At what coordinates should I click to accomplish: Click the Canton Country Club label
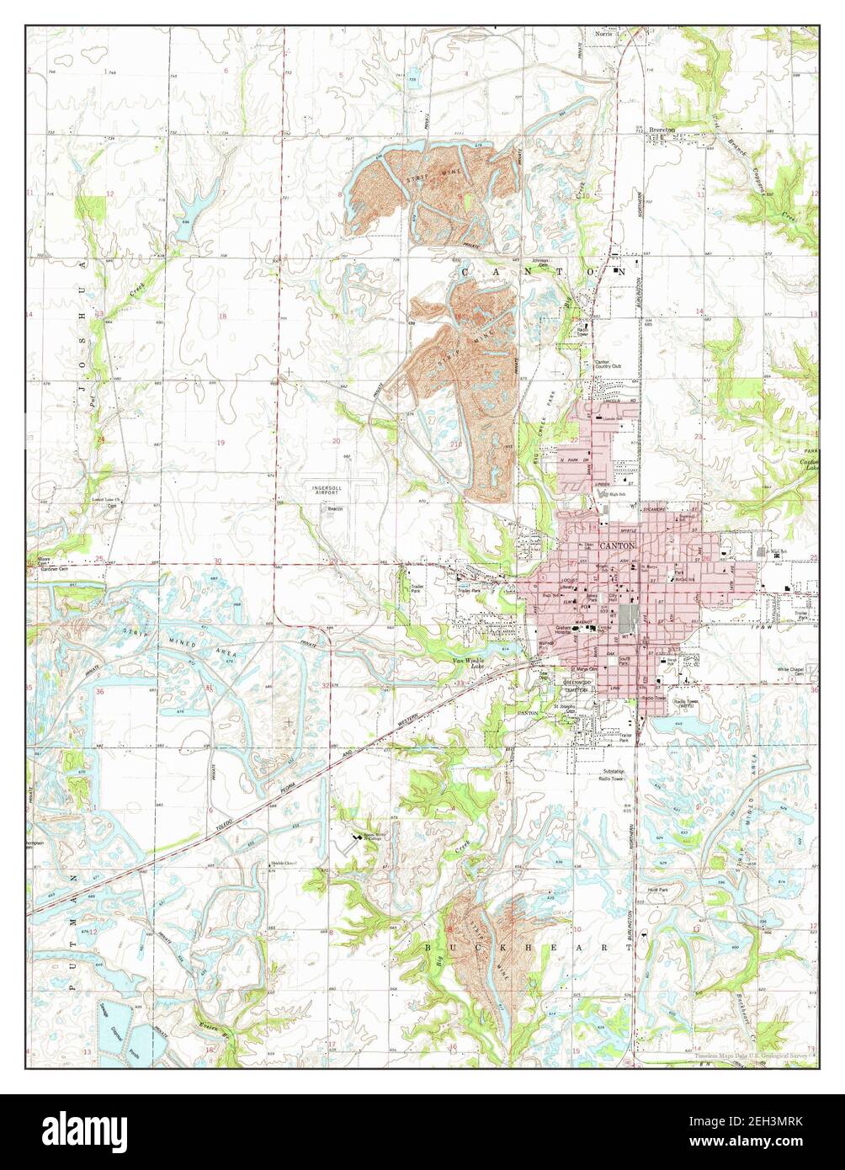click(608, 364)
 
